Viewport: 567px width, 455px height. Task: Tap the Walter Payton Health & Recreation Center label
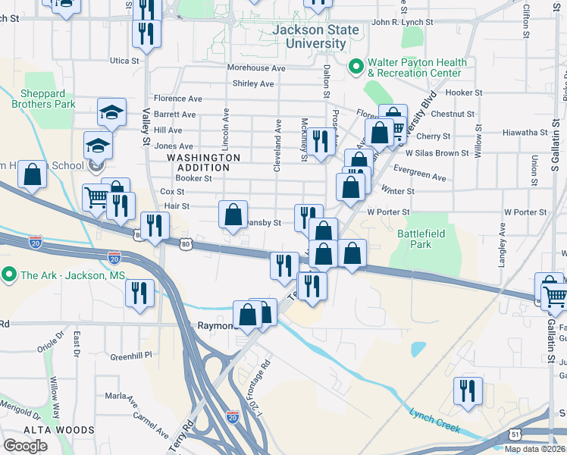[x=414, y=68]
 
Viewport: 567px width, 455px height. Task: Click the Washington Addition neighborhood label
[x=203, y=162]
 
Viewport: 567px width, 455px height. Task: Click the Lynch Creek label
[x=434, y=421]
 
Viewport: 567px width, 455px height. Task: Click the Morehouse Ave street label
[x=256, y=68]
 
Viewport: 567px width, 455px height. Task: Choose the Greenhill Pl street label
[x=131, y=355]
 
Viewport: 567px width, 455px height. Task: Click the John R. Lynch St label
[x=403, y=23]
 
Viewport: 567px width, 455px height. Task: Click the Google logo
[x=25, y=446]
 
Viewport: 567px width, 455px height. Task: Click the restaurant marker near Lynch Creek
[x=466, y=390]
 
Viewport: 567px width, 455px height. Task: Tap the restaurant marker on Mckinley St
[x=321, y=140]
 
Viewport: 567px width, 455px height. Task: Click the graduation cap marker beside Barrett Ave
[x=111, y=112]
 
